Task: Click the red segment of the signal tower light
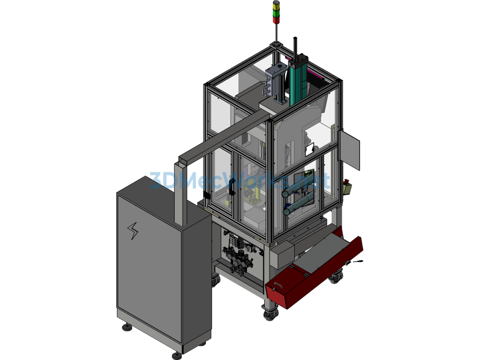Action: coord(276,20)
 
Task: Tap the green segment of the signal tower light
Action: coord(276,13)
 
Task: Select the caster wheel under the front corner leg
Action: coord(270,313)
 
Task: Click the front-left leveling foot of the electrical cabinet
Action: coord(127,327)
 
